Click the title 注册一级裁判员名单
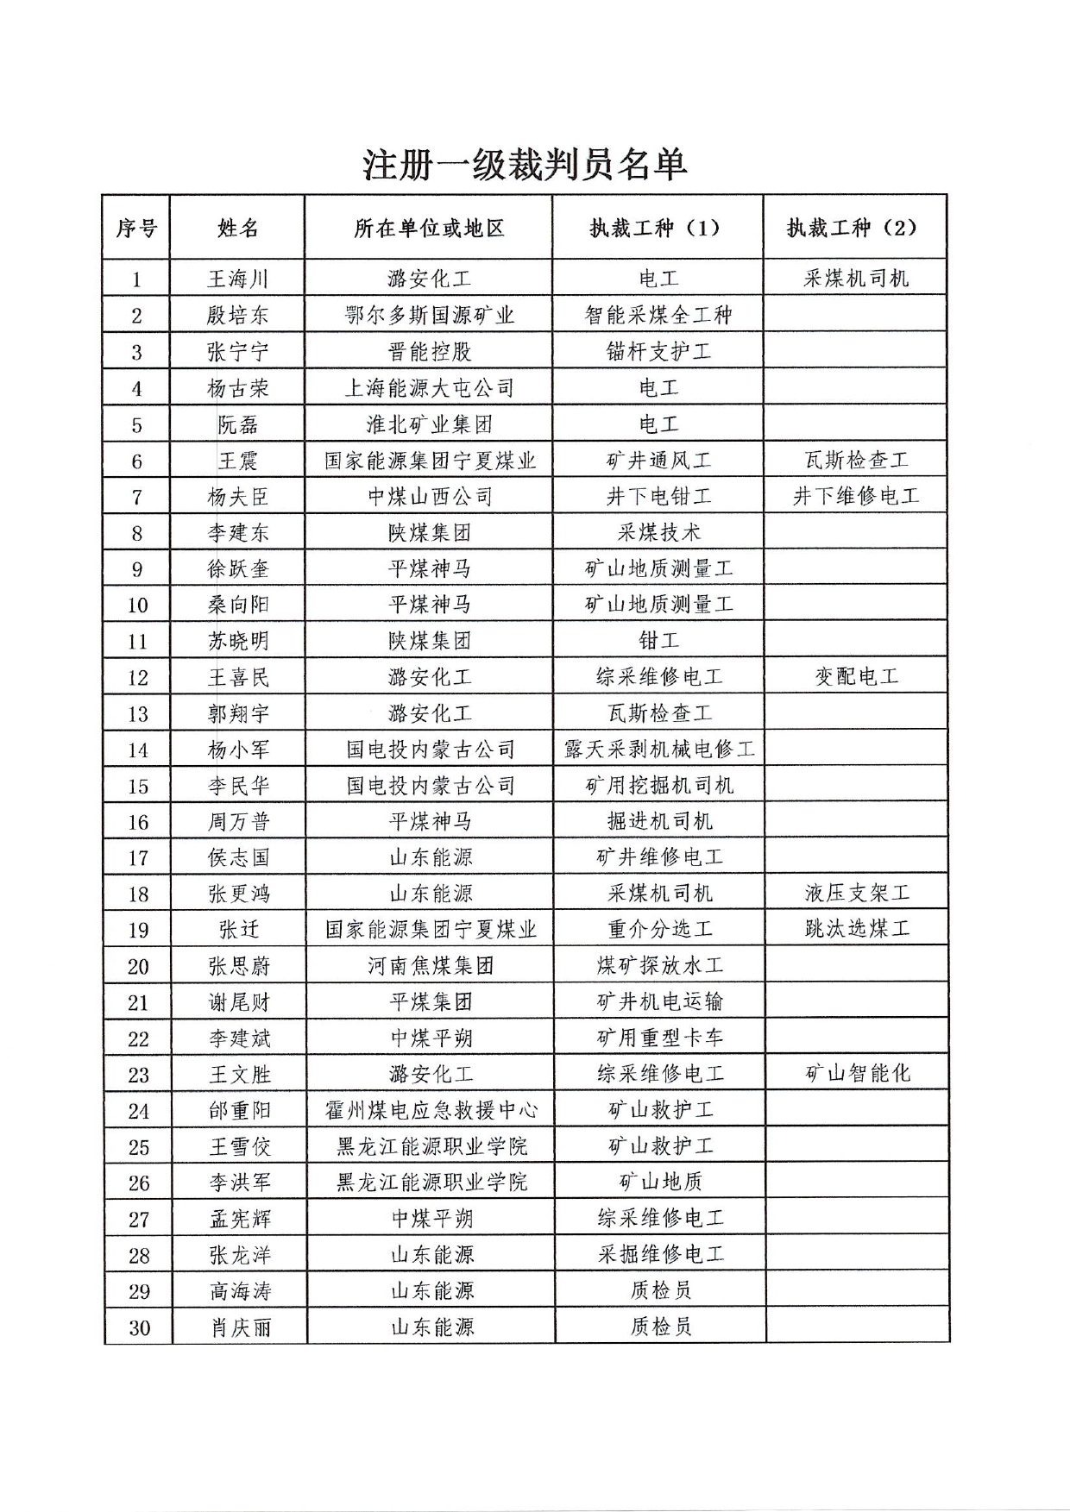(x=524, y=164)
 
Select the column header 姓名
(x=238, y=228)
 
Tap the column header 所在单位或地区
(x=429, y=228)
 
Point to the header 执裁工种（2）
(x=853, y=228)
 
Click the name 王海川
(x=238, y=279)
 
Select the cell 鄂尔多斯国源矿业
(x=429, y=316)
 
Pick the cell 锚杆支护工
(x=658, y=352)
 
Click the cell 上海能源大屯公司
(x=429, y=388)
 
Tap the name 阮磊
(x=238, y=424)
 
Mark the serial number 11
(x=138, y=641)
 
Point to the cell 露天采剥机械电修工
(x=659, y=750)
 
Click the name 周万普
(x=238, y=822)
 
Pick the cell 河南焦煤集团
(x=430, y=966)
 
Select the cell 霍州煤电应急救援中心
(x=431, y=1110)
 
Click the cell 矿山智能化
(x=857, y=1074)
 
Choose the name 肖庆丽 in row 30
(x=240, y=1327)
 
